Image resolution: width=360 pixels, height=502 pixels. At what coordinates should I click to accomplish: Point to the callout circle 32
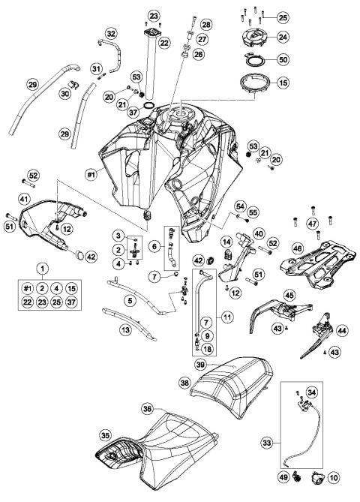point(111,34)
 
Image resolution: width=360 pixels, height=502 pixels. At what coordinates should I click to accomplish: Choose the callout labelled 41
point(24,200)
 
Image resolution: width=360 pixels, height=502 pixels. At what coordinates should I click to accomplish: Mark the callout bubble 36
point(148,408)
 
